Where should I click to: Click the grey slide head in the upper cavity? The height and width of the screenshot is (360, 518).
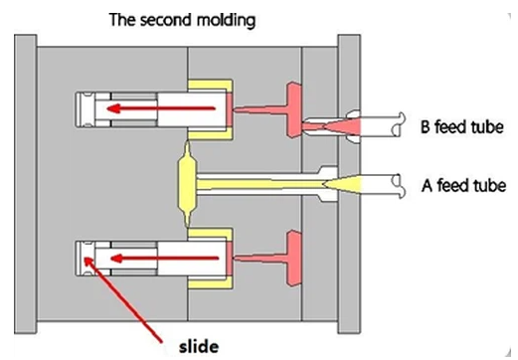(x=86, y=107)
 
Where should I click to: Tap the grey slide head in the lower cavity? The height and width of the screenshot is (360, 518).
(x=86, y=262)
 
